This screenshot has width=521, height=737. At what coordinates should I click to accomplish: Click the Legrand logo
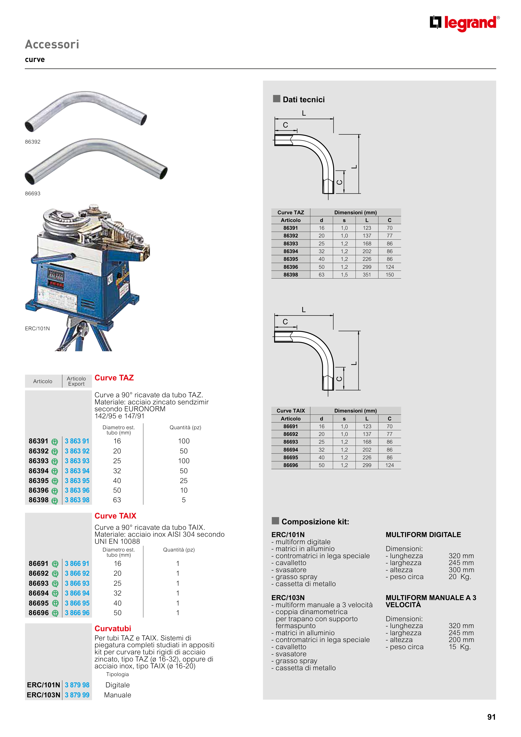point(464,23)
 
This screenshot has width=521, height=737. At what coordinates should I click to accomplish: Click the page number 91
point(491,717)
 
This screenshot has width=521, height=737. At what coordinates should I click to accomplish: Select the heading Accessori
point(52,44)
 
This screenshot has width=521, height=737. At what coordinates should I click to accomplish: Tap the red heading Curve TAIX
point(115,516)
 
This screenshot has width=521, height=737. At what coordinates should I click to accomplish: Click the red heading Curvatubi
point(113,628)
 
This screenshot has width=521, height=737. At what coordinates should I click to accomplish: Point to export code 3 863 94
point(77,471)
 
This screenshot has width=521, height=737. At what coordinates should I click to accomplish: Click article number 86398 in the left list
point(39,500)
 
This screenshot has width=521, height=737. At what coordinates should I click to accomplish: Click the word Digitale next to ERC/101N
point(117,685)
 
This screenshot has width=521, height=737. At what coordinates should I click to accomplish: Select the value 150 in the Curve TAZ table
point(389,275)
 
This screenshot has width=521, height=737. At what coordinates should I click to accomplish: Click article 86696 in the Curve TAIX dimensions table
point(290,465)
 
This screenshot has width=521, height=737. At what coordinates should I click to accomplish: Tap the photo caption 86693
point(33,194)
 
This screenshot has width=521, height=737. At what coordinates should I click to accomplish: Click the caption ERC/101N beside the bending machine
point(37,328)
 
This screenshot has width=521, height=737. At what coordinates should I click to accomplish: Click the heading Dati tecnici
point(303,100)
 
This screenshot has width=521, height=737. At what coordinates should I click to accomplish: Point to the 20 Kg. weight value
point(460,577)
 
